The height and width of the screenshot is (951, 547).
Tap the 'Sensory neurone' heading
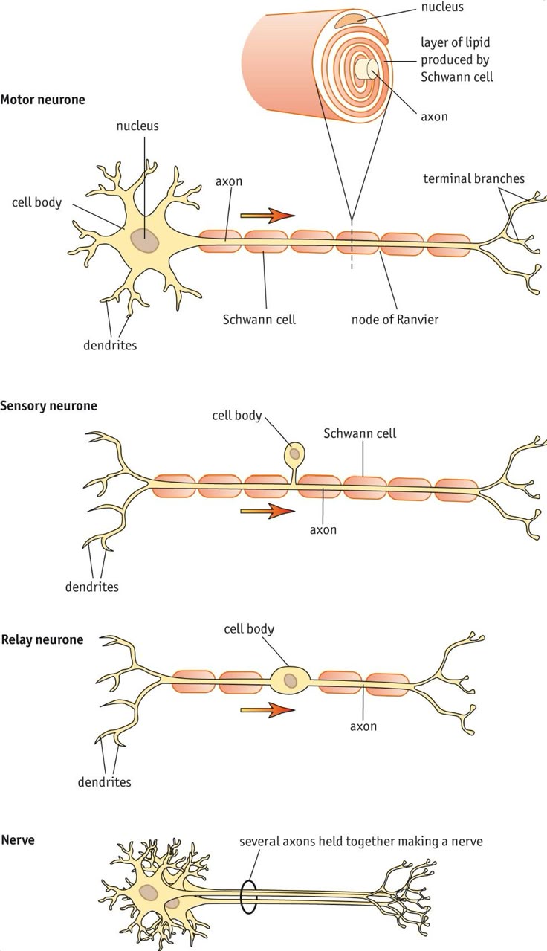[x=48, y=406]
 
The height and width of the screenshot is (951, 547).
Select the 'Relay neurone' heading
[x=42, y=639]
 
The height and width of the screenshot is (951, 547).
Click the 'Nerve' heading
[x=18, y=840]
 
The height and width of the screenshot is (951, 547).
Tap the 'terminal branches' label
[x=473, y=178]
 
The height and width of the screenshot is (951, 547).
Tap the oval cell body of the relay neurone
[x=290, y=679]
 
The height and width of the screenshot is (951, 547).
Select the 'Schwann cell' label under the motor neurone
[x=259, y=320]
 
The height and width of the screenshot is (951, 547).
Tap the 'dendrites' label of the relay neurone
[x=104, y=781]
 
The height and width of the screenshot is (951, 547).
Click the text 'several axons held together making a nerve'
[x=361, y=842]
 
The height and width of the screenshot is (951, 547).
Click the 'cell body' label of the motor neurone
[x=37, y=202]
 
